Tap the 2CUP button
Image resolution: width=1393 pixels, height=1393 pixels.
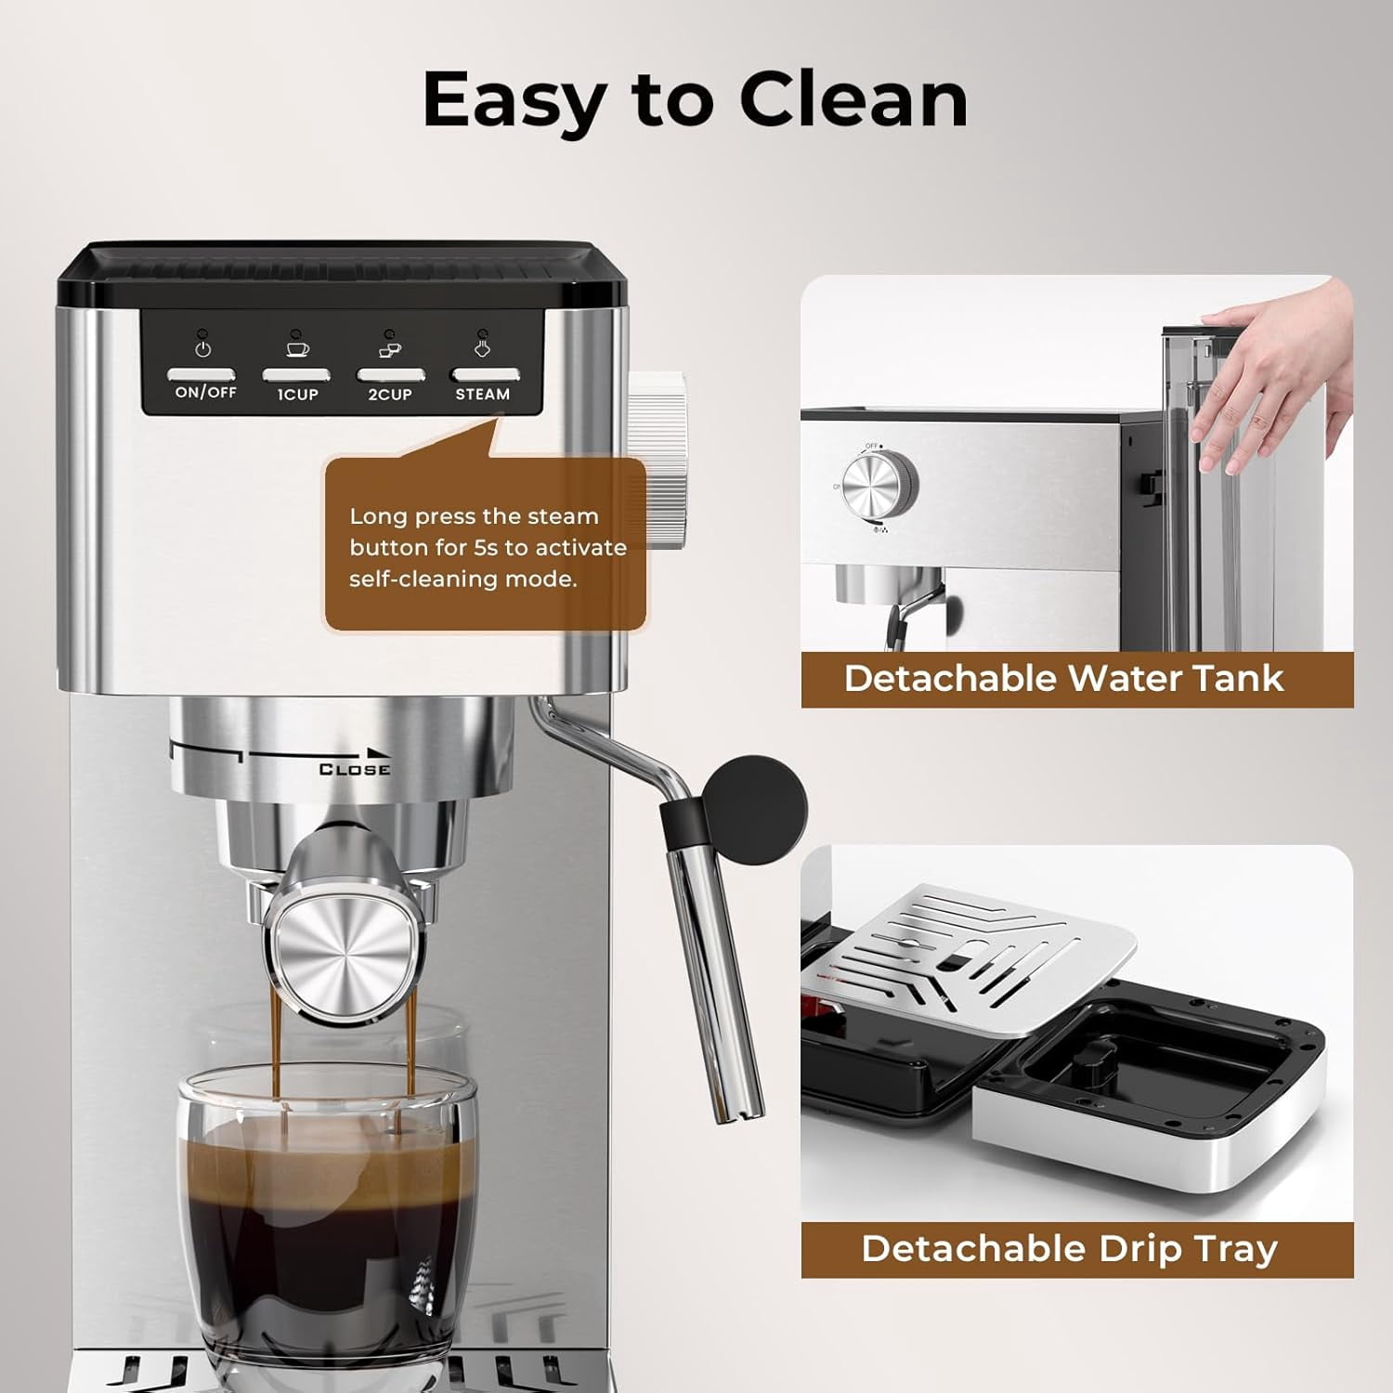coord(391,376)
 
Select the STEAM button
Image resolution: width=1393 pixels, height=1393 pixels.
coord(485,376)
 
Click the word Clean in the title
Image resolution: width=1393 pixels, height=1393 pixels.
coord(853,99)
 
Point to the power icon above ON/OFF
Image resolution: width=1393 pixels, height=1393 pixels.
coord(203,349)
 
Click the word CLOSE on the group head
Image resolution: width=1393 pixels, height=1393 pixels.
coord(354,769)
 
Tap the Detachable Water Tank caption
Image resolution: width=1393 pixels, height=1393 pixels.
coord(1063,678)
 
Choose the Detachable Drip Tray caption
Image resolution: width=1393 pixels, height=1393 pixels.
coord(1070,1248)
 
